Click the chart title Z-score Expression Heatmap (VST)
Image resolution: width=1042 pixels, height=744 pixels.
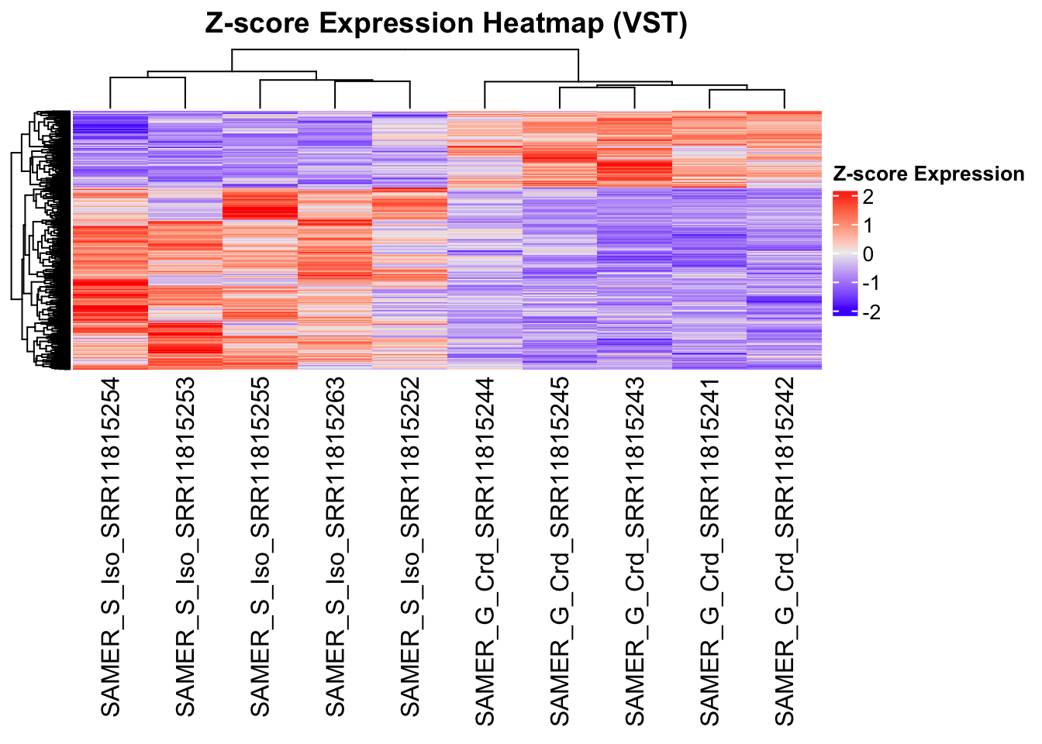point(446,23)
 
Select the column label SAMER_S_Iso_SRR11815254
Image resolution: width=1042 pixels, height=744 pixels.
point(110,547)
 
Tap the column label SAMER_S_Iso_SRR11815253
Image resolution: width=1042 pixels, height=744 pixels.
point(185,547)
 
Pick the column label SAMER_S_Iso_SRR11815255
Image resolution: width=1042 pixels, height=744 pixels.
point(260,547)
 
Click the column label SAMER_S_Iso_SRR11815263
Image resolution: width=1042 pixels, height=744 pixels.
point(335,547)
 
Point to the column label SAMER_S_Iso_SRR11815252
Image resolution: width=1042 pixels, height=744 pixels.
point(410,547)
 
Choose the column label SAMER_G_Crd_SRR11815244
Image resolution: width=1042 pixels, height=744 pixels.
point(485,552)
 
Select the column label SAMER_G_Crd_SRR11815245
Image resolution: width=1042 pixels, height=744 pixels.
point(560,552)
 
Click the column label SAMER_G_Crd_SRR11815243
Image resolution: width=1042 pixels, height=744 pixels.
point(635,552)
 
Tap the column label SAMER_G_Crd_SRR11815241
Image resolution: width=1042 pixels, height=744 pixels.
point(710,552)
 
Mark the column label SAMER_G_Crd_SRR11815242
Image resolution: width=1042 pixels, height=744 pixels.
point(785,552)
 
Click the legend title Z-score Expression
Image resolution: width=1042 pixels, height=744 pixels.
point(928,174)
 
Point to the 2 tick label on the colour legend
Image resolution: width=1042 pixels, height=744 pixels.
point(868,197)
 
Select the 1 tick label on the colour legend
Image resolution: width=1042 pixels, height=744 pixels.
point(868,226)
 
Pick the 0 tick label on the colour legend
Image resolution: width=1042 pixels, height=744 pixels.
point(868,254)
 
